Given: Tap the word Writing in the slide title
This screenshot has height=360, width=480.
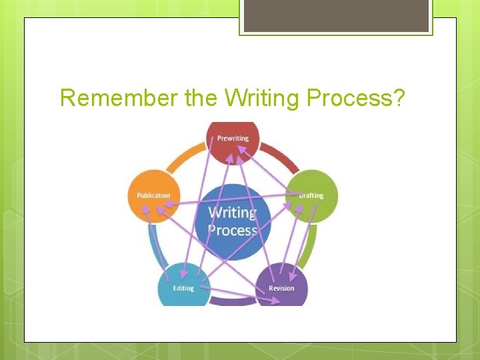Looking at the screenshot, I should pos(264,99).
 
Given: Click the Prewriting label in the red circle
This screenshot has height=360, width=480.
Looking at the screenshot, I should pos(233,139).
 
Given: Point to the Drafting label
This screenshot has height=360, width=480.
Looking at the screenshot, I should pos(311,196).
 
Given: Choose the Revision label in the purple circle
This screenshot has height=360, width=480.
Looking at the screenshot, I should pos(281,288).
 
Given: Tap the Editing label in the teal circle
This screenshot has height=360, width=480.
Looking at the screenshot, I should pos(183,288).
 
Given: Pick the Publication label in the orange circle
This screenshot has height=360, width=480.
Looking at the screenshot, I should pos(153,195).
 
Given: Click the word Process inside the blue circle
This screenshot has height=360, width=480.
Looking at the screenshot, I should pos(232,231).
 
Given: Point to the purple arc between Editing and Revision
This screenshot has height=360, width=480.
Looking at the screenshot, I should pos(232,301).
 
